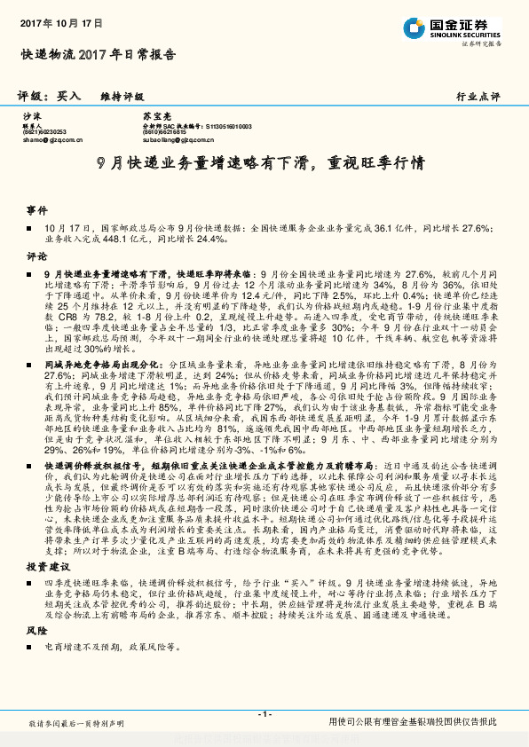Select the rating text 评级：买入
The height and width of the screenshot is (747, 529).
[x=51, y=95]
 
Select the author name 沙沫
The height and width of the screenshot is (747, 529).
[x=32, y=116]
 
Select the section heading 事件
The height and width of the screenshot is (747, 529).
[x=36, y=210]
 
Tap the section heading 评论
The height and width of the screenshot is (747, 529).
[x=36, y=255]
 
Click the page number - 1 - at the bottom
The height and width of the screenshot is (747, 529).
[x=264, y=713]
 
